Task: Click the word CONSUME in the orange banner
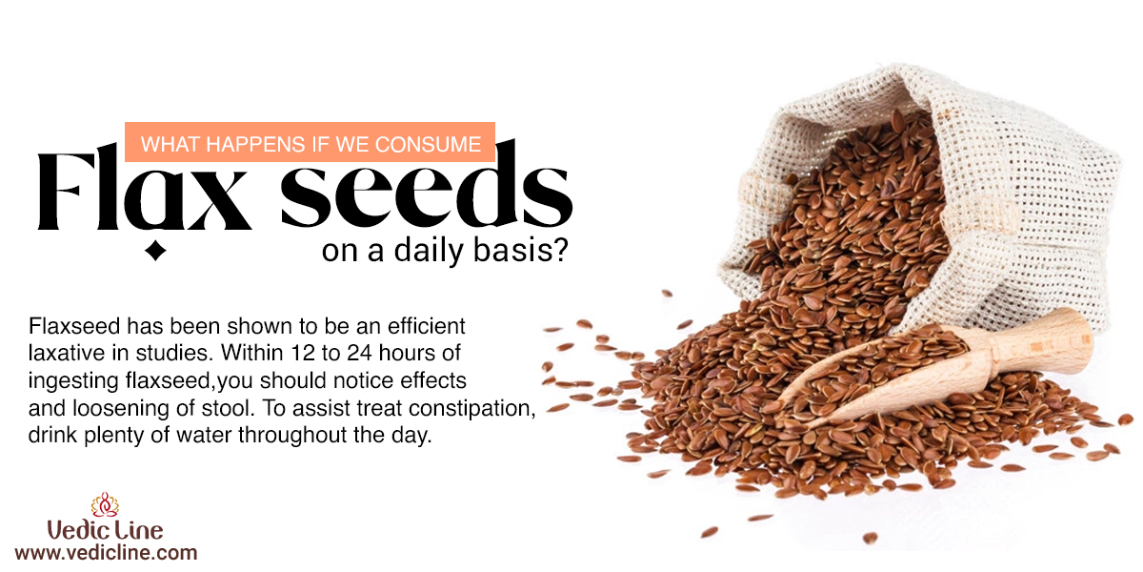428,145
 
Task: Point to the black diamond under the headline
155,251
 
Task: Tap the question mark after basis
560,249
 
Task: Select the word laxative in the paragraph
67,353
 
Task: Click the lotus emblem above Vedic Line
105,504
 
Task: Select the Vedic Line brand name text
105,530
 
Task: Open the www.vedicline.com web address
106,553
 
